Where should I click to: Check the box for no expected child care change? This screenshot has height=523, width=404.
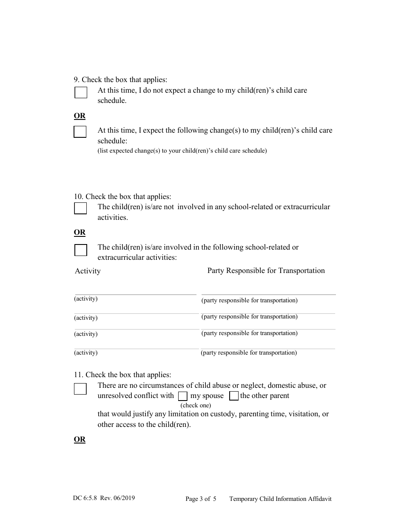[x=81, y=92]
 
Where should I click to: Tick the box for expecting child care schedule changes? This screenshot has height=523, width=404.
[x=80, y=132]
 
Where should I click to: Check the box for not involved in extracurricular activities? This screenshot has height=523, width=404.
[x=80, y=208]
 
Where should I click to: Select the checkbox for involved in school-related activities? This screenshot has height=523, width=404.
[x=81, y=250]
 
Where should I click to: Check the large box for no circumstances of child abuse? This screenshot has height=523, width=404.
[x=80, y=389]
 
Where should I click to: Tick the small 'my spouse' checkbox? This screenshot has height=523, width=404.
[x=182, y=396]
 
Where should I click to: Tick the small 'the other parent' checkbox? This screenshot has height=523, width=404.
[x=234, y=396]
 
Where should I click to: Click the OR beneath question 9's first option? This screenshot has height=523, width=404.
[x=80, y=116]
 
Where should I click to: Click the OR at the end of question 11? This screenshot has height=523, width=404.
[x=80, y=439]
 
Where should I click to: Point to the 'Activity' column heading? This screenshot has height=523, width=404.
[x=88, y=271]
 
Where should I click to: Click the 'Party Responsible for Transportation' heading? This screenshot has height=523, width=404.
[x=266, y=270]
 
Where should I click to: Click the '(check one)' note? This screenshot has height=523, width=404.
[x=196, y=405]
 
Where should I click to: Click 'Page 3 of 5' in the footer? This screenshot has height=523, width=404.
[x=201, y=499]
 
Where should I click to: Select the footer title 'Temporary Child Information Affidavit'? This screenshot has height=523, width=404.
[x=280, y=499]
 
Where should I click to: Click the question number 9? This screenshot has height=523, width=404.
[x=77, y=80]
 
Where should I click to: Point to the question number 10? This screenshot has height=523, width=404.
[x=78, y=196]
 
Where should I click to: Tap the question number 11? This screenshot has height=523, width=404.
[x=78, y=375]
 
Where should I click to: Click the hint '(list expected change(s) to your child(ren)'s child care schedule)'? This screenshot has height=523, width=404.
[x=182, y=151]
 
